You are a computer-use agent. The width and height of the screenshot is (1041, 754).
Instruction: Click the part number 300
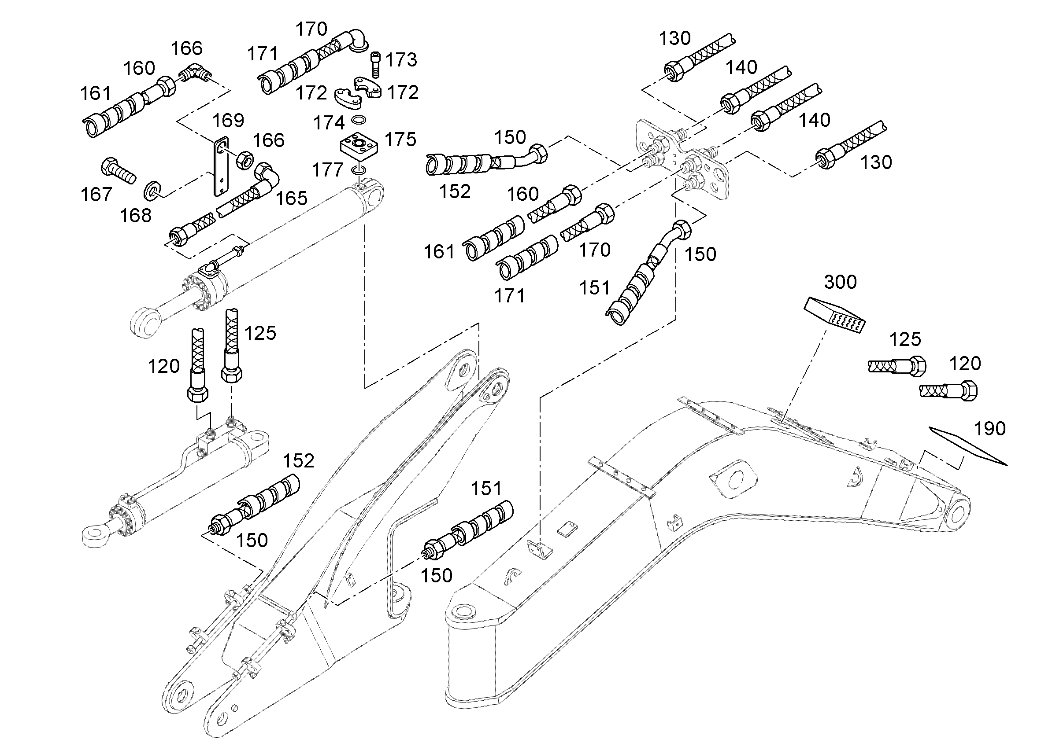(x=840, y=282)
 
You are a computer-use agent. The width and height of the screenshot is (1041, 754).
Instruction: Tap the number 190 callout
(x=989, y=429)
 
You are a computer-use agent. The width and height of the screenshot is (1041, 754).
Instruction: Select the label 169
(x=228, y=121)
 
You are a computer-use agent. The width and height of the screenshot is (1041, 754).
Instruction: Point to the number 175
(x=400, y=140)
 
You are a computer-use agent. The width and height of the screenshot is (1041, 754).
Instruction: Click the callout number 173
(x=401, y=59)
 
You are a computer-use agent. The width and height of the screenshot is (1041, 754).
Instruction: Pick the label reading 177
(x=328, y=170)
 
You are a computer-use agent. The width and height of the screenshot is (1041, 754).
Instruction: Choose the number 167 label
(x=96, y=195)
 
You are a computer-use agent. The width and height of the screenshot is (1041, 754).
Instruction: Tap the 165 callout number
(x=292, y=199)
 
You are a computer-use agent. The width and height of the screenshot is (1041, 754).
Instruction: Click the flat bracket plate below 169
(x=221, y=166)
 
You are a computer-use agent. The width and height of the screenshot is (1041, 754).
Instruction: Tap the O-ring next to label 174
(x=359, y=120)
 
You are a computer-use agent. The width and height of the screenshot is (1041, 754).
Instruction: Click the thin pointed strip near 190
(x=967, y=446)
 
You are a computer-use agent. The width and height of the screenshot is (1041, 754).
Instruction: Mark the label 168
(x=135, y=216)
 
